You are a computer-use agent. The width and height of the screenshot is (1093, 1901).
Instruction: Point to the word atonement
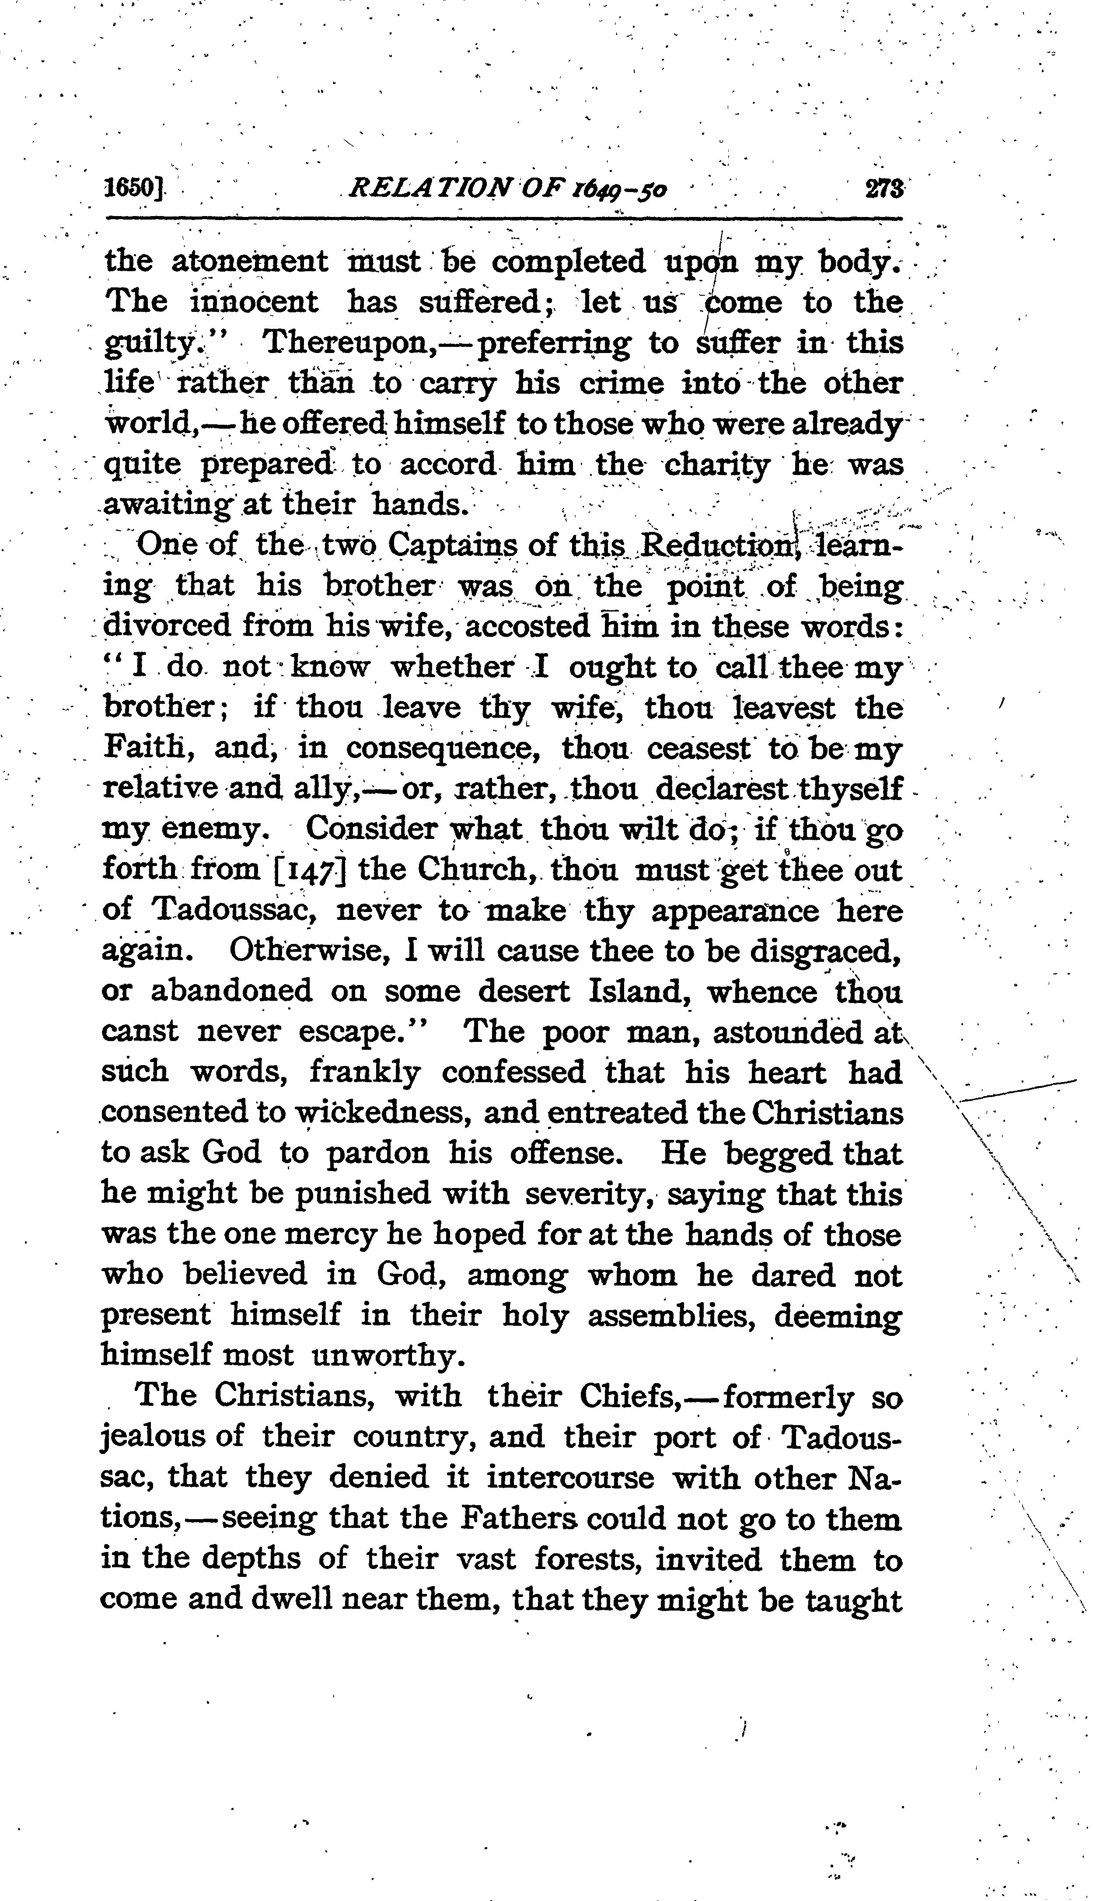[x=250, y=262]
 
